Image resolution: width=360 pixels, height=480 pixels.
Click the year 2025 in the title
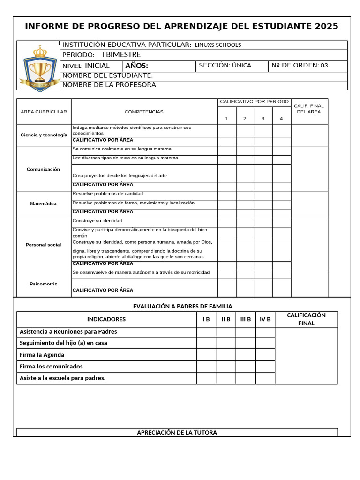(x=326, y=26)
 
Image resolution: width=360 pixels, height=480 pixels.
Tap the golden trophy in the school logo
(x=40, y=69)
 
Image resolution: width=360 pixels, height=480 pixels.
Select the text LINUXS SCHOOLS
(x=218, y=45)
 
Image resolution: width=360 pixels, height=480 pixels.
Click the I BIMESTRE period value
(x=121, y=55)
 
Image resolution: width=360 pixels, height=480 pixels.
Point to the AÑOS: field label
(x=136, y=66)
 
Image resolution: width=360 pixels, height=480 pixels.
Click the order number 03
(x=324, y=66)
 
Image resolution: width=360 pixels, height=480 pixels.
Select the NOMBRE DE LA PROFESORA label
(x=110, y=85)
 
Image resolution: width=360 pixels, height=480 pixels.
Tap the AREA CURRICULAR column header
(x=44, y=112)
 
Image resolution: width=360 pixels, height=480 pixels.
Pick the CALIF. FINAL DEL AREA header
(x=309, y=109)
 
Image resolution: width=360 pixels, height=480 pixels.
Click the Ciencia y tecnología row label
(x=44, y=135)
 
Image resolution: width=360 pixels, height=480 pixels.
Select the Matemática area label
(x=43, y=204)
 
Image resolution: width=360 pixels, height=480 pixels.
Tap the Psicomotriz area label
(x=43, y=284)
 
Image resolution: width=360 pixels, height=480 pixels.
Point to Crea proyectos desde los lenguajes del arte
(x=120, y=175)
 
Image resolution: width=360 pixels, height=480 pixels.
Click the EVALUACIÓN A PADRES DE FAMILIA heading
(x=182, y=306)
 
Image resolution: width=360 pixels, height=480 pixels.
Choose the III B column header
(x=246, y=319)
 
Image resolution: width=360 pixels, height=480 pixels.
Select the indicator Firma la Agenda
(x=42, y=355)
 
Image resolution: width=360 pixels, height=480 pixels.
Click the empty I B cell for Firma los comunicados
(x=206, y=366)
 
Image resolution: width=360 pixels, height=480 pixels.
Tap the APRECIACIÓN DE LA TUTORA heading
(x=177, y=433)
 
